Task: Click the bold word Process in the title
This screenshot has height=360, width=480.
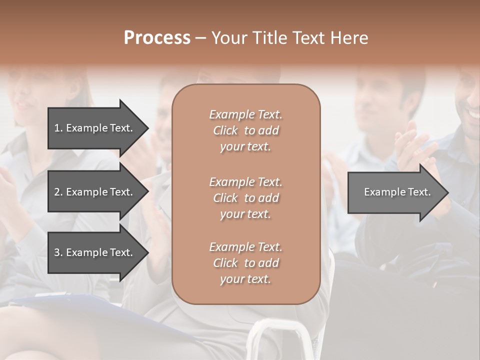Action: (157, 38)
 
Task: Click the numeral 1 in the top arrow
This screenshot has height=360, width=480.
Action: (57, 128)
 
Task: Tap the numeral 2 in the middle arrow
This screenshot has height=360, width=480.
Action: (57, 192)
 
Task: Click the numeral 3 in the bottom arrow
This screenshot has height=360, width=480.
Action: (57, 252)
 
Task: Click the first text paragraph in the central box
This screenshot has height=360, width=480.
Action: (245, 130)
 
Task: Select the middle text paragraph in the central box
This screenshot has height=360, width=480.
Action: (245, 198)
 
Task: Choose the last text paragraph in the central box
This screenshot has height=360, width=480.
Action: (245, 263)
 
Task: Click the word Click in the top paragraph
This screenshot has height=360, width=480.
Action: (225, 131)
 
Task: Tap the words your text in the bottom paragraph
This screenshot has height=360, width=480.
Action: (245, 279)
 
